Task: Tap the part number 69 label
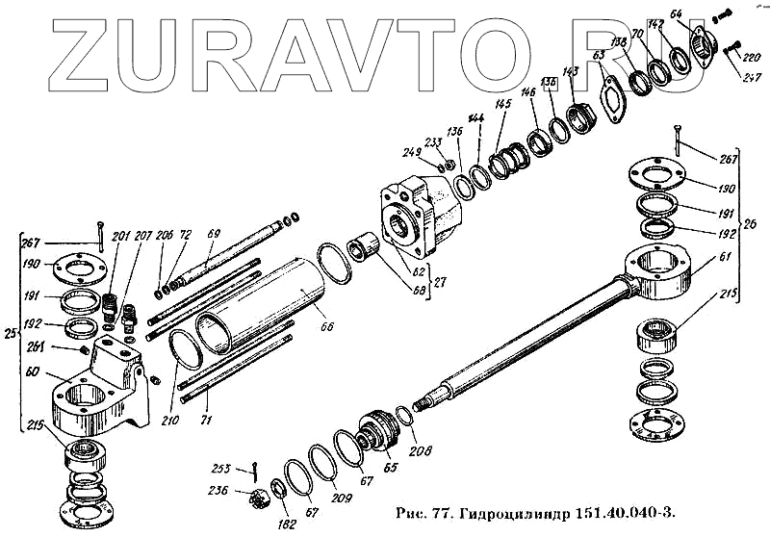[x=214, y=233]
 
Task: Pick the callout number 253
[x=221, y=469]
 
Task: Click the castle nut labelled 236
[x=257, y=498]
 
